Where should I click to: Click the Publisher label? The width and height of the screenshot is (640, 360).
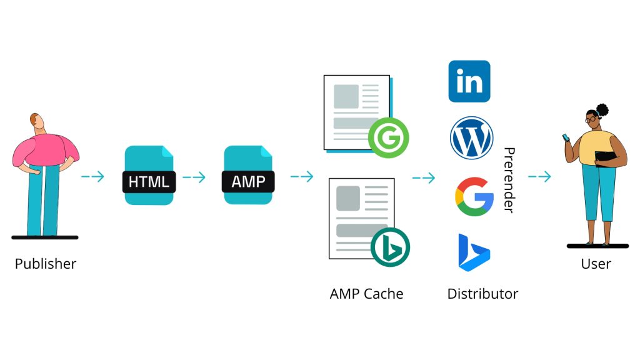click(46, 263)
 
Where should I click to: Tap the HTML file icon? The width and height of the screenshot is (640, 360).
click(149, 175)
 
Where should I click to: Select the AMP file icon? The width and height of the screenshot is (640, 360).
click(248, 175)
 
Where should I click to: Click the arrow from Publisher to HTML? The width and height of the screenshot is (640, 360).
click(92, 177)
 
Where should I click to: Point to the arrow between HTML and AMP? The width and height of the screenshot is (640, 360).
click(194, 177)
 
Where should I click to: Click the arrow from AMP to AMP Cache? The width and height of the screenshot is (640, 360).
click(302, 177)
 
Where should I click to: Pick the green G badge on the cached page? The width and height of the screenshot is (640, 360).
click(389, 138)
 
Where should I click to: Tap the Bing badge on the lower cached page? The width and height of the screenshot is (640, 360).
click(390, 247)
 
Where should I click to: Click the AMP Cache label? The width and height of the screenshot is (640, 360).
click(366, 293)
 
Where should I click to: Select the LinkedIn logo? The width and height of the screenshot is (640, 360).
click(469, 81)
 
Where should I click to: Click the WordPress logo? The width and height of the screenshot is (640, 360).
click(472, 138)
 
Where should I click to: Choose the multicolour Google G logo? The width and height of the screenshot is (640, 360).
click(474, 196)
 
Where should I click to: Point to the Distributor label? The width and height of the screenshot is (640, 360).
click(482, 293)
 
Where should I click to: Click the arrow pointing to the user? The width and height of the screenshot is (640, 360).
click(539, 177)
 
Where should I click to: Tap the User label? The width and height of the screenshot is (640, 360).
click(596, 263)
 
